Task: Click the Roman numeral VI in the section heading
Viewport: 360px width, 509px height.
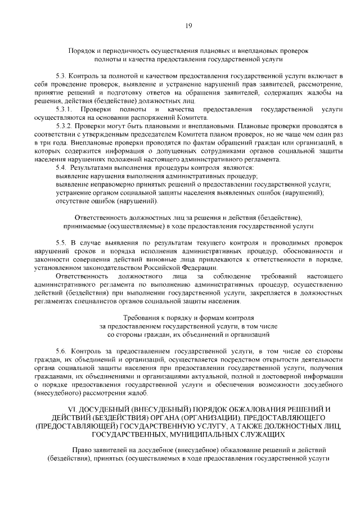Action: click(72, 408)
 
